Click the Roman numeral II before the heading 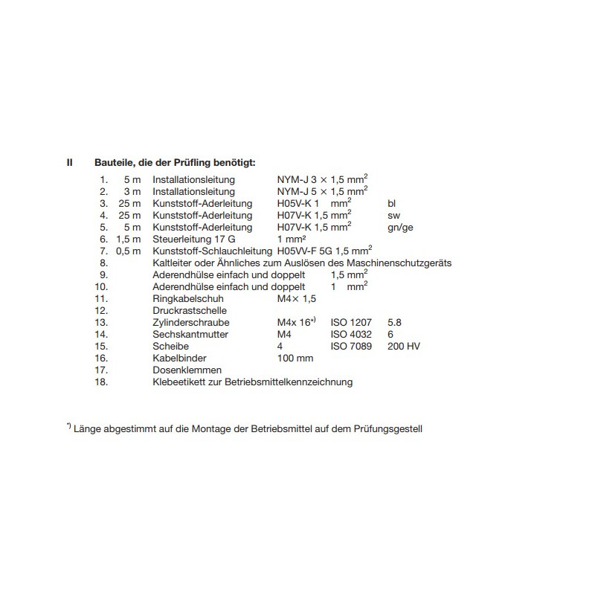point(69,162)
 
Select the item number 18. point(102,382)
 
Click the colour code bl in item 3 point(393,203)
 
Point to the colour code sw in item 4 point(394,215)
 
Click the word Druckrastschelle point(189,310)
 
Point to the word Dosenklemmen point(187,370)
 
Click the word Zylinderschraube point(190,322)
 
